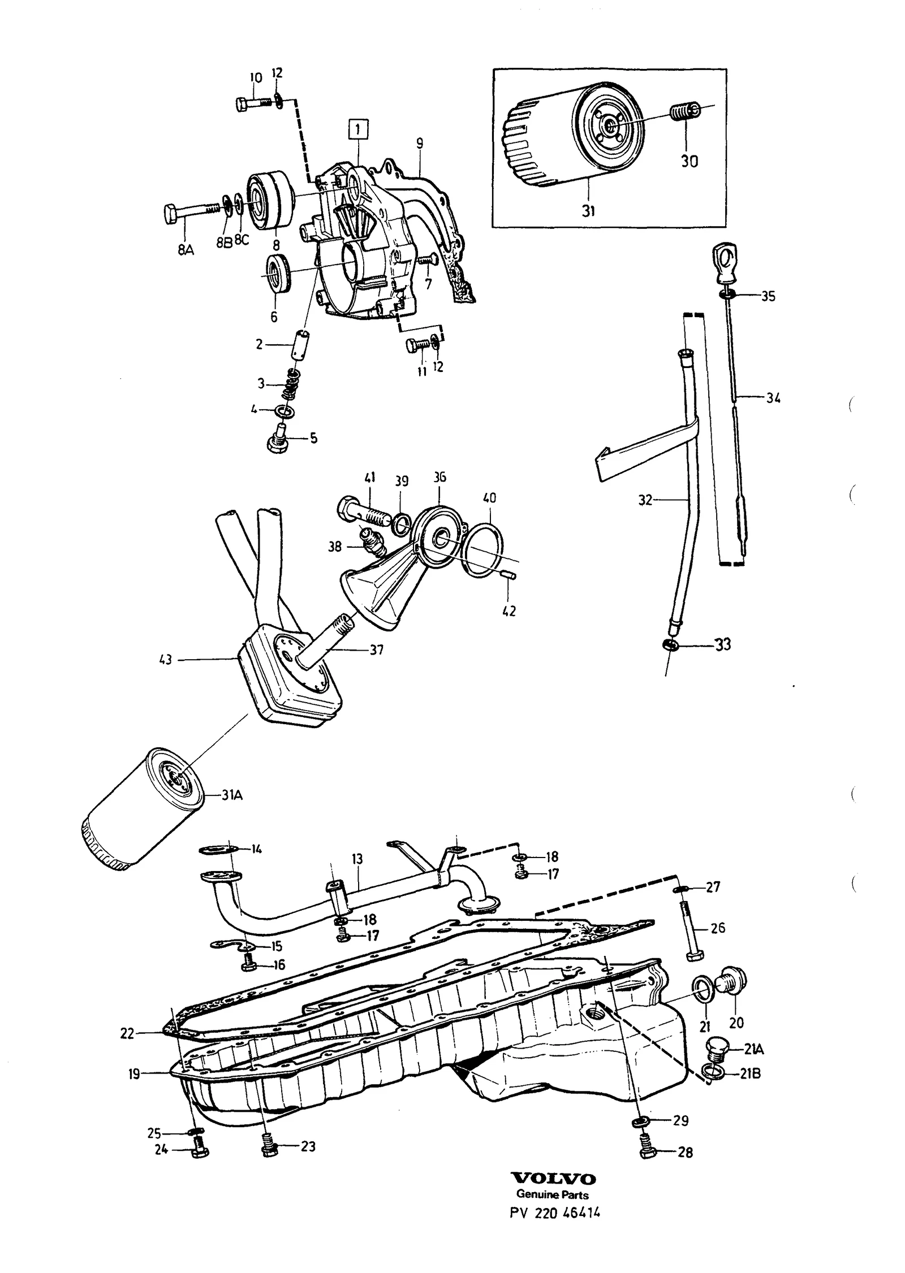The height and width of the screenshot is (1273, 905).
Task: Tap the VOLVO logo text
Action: (x=554, y=1206)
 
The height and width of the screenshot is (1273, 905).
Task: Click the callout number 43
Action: (x=166, y=660)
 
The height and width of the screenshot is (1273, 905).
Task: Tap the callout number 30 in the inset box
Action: (x=689, y=161)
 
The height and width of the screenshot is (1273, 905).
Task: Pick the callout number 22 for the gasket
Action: (x=127, y=1033)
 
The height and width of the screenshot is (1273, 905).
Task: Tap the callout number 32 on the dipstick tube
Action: (x=645, y=500)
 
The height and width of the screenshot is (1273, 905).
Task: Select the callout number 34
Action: (x=773, y=398)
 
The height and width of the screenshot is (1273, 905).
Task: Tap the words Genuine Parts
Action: (x=553, y=1224)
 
